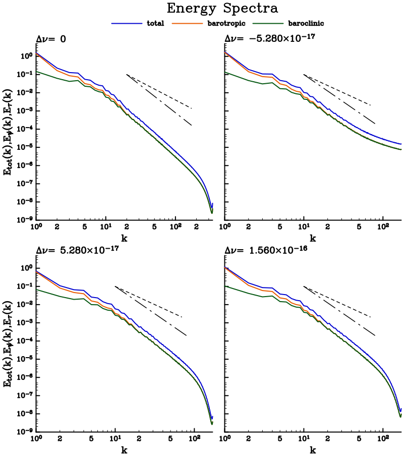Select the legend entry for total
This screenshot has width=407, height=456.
click(x=156, y=23)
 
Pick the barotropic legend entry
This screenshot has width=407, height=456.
click(x=221, y=23)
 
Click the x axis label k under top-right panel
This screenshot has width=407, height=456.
click(x=313, y=239)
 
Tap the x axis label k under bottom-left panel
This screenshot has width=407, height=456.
click(x=125, y=449)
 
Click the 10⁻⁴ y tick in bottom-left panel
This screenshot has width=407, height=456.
click(x=24, y=341)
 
